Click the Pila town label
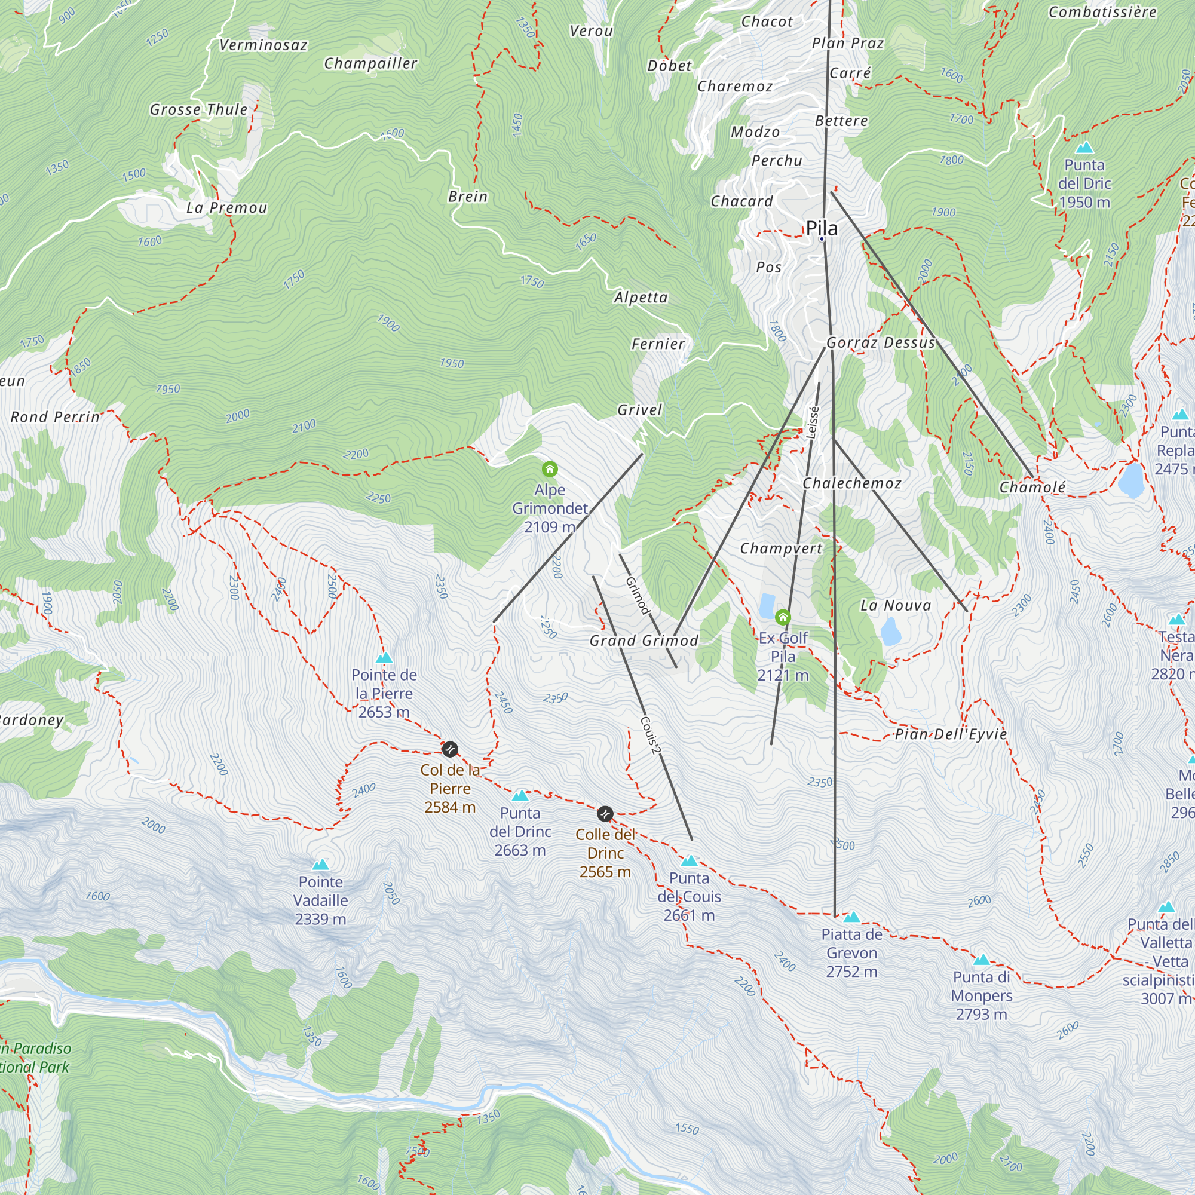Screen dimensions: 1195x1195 click(822, 228)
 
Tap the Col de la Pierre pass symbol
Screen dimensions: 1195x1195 click(451, 749)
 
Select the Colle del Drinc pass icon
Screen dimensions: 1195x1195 click(605, 813)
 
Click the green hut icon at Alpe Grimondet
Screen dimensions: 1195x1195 click(549, 469)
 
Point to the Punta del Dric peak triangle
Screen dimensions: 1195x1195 click(1084, 148)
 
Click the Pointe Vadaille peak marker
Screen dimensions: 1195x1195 click(320, 864)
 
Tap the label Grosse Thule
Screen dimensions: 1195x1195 click(198, 109)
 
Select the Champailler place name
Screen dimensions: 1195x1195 click(370, 63)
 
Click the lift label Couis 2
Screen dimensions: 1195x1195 click(650, 735)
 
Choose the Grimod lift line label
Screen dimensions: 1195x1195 click(638, 595)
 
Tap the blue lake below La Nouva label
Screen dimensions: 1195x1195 click(890, 632)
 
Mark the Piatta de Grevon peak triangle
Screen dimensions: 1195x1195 click(851, 917)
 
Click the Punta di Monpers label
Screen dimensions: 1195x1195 click(982, 995)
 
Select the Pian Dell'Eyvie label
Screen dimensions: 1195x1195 click(951, 734)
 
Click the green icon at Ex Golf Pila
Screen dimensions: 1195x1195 click(783, 617)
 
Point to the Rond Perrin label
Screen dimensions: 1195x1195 click(56, 417)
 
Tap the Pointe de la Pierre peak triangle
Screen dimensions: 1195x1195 click(384, 657)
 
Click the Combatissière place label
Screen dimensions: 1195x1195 click(1102, 12)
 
